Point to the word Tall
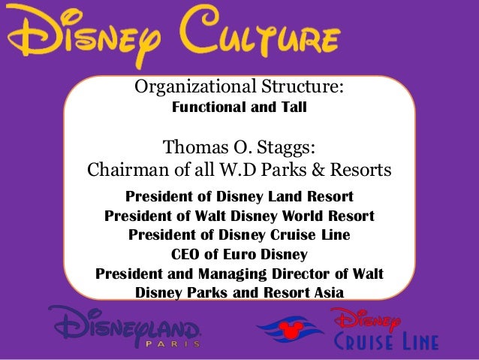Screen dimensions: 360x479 point(293,107)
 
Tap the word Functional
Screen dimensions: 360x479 point(211,107)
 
